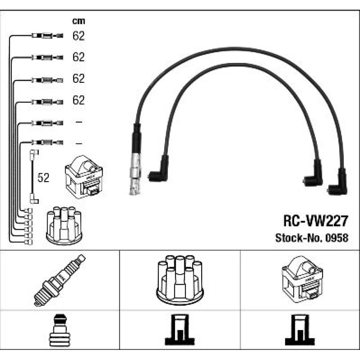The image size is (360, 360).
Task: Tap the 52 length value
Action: click(43, 178)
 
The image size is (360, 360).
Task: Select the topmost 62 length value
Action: click(78, 36)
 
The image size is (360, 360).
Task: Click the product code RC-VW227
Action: click(316, 221)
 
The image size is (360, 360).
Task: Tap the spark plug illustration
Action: click(60, 280)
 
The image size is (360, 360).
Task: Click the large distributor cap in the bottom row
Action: click(179, 280)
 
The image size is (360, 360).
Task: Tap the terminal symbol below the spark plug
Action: click(60, 330)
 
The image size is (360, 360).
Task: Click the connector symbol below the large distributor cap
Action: click(179, 330)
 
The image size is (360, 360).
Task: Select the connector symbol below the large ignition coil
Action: click(300, 330)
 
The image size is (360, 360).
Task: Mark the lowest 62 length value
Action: click(78, 100)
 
